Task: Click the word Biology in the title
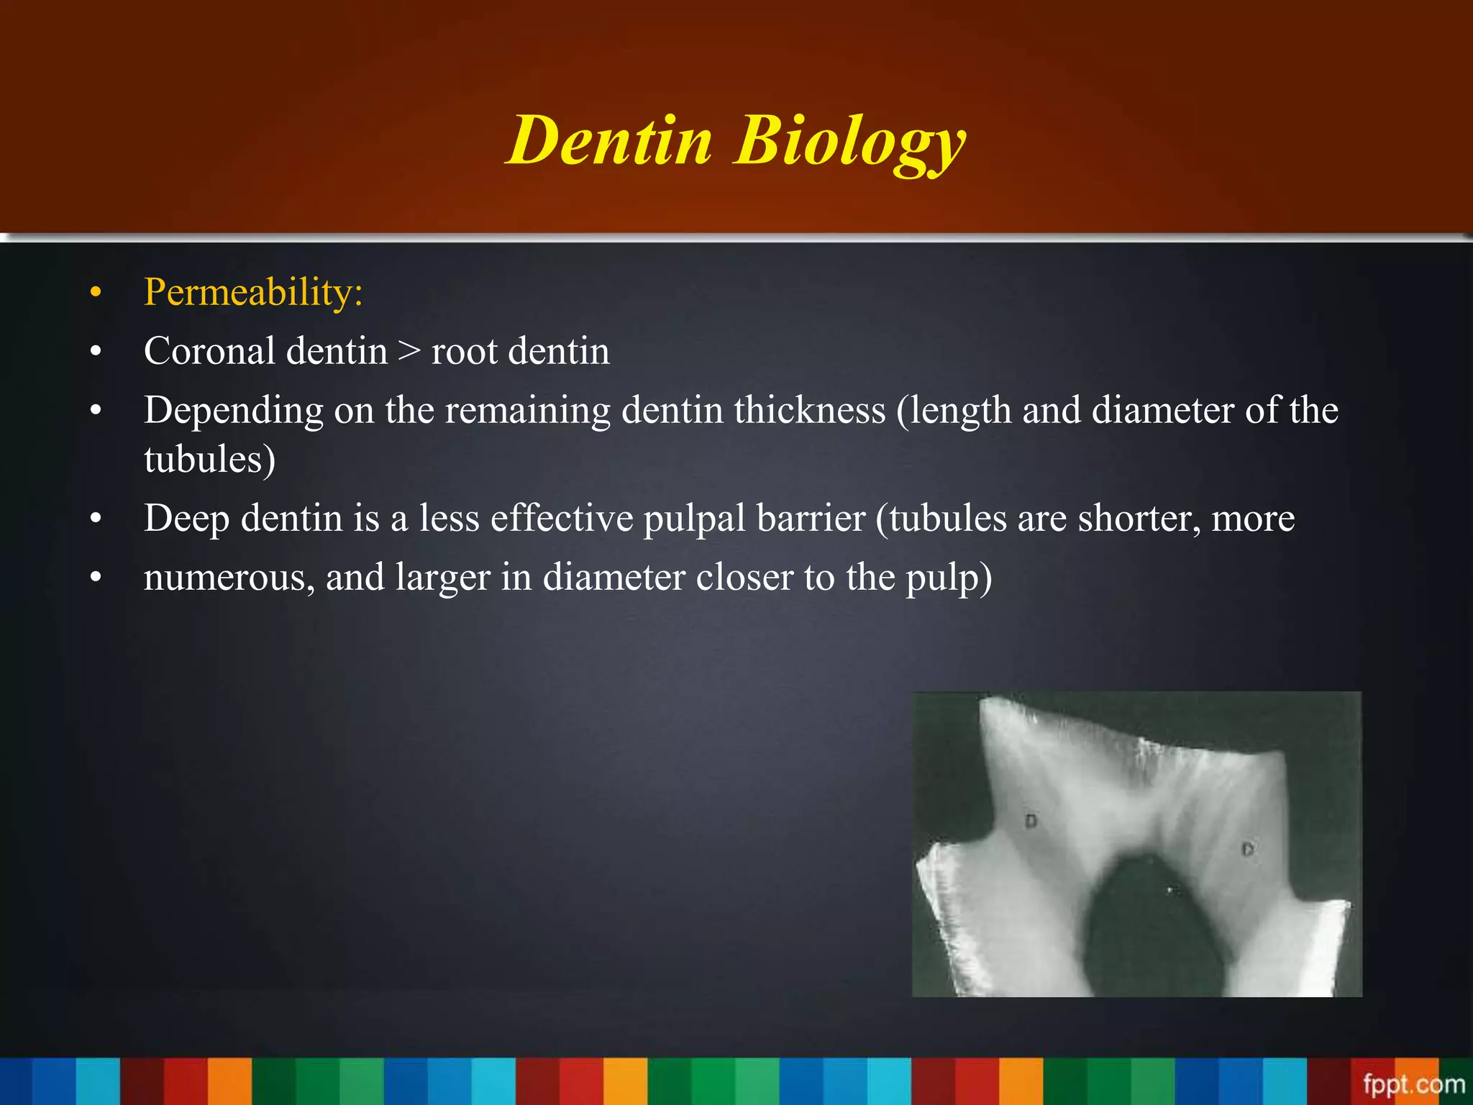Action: [849, 142]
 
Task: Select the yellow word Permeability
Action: [252, 292]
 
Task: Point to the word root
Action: [464, 353]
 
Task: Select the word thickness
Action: [809, 410]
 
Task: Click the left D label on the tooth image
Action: [1031, 821]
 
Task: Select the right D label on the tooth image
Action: [1247, 850]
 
